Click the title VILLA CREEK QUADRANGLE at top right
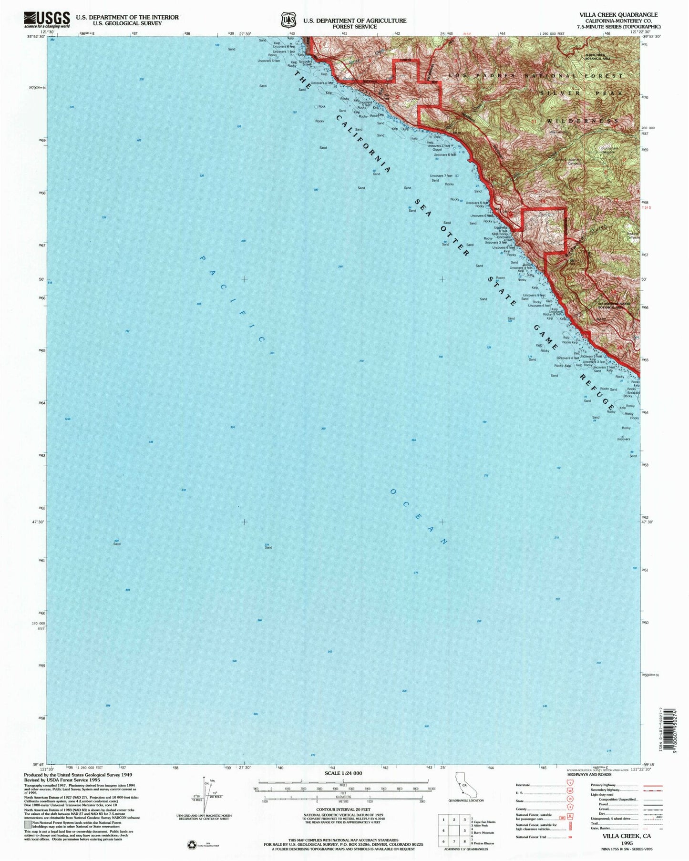pos(620,15)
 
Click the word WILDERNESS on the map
pos(583,121)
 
